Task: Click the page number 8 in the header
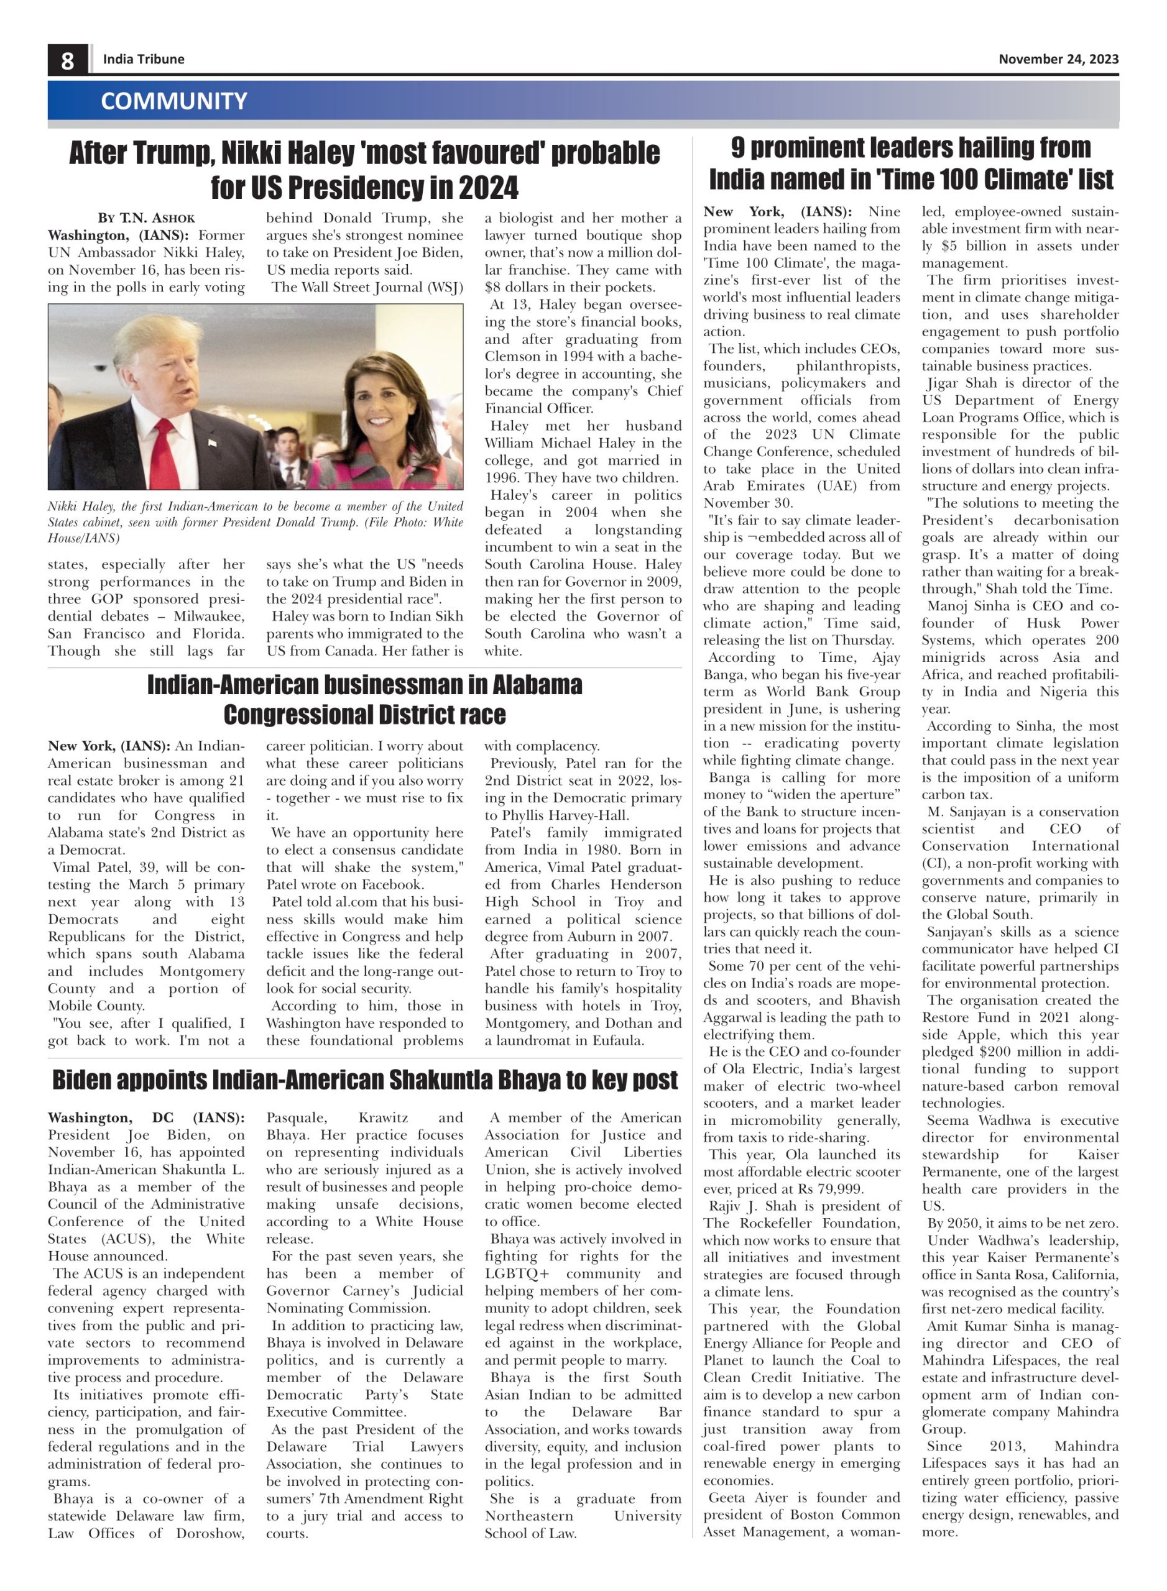point(67,60)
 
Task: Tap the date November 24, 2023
point(1058,59)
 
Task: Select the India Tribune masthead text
point(144,59)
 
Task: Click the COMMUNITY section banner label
point(174,101)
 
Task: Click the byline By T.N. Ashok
point(146,218)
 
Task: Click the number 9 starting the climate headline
point(738,147)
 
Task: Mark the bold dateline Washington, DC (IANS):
point(146,1118)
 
